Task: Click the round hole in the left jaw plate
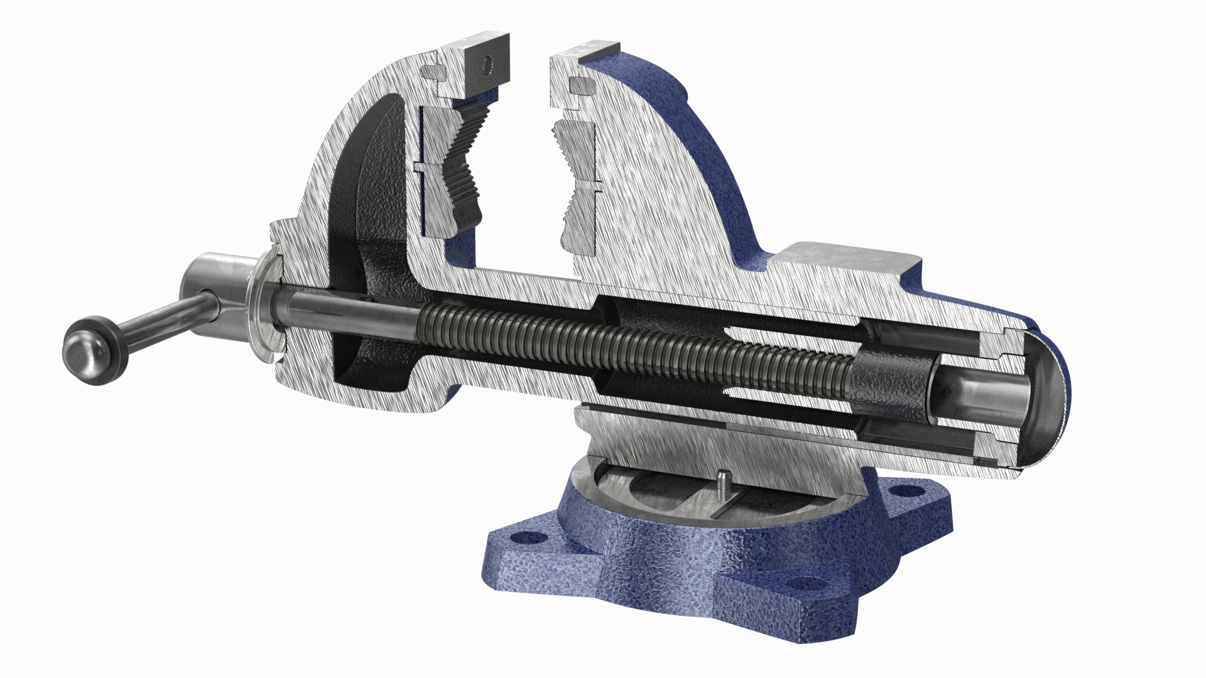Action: click(x=486, y=63)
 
